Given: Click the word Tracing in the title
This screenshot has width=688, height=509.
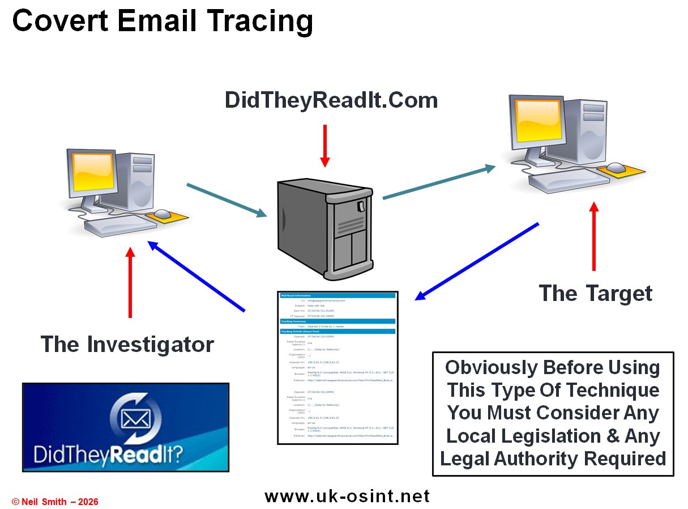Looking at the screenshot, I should (251, 22).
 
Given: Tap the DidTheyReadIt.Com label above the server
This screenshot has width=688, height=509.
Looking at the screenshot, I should (331, 100).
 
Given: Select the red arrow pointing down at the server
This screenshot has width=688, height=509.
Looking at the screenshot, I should (324, 145).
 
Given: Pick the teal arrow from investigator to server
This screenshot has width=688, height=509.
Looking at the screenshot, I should (227, 200).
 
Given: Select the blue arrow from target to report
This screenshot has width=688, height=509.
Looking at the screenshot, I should (477, 261).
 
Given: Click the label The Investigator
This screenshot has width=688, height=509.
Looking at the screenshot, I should (127, 344).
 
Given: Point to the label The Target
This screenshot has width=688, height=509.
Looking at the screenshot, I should (595, 294).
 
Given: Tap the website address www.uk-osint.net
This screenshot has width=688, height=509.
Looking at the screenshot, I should (347, 497).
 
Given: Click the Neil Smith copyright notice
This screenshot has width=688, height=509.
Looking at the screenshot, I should (55, 502).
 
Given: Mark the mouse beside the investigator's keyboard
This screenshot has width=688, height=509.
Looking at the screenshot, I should (162, 214).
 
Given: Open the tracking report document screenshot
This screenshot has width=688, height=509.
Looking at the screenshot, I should (338, 367).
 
